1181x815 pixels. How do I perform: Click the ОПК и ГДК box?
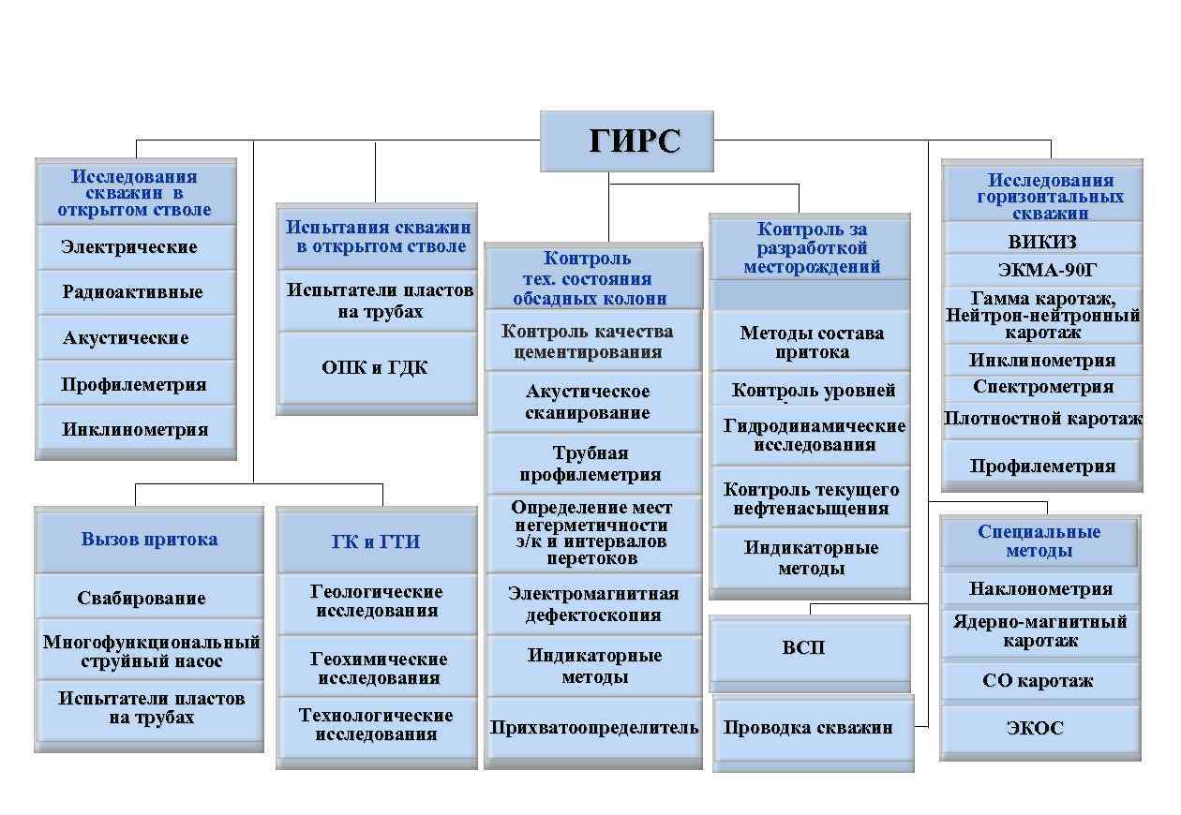(376, 368)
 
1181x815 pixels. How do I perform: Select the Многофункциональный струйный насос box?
(149, 651)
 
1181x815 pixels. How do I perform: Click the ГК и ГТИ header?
(376, 541)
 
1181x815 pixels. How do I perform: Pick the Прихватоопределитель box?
(593, 728)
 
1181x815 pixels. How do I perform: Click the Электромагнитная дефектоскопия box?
(593, 604)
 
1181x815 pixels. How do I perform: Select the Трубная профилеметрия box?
(593, 464)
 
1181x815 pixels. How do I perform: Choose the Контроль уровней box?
(812, 391)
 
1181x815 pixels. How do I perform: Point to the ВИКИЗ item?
(1042, 242)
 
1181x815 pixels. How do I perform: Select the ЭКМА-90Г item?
(1042, 271)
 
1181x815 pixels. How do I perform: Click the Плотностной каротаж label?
(1042, 419)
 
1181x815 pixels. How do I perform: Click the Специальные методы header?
(1039, 541)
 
